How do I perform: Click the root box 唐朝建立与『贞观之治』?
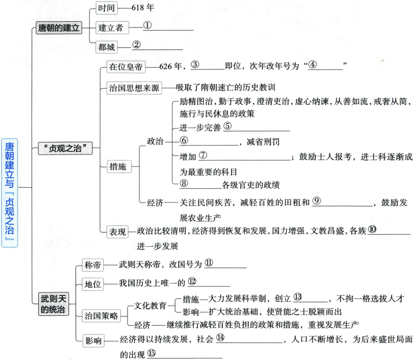10,193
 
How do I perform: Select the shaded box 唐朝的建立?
59,28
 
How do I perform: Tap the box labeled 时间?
106,7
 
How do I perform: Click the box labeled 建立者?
111,27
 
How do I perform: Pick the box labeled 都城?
106,47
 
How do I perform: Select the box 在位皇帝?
121,67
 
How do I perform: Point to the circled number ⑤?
227,126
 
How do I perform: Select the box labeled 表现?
117,232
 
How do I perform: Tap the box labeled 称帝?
93,265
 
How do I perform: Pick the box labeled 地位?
93,284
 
